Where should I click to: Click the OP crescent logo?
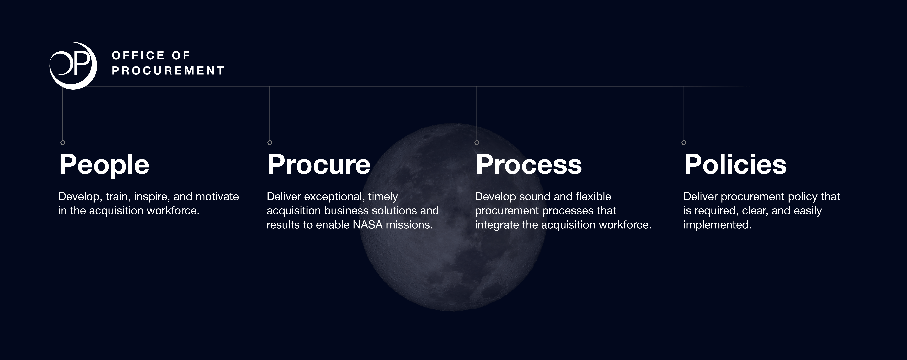click(x=73, y=66)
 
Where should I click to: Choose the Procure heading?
click(x=319, y=165)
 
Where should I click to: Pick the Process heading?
click(x=528, y=165)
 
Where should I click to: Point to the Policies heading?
click(x=735, y=165)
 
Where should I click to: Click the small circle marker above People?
click(x=63, y=143)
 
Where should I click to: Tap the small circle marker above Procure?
click(x=270, y=143)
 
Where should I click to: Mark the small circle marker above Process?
click(x=477, y=143)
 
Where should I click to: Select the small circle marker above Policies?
click(x=684, y=143)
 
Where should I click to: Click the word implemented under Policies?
click(x=717, y=225)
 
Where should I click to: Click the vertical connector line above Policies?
click(x=684, y=113)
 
